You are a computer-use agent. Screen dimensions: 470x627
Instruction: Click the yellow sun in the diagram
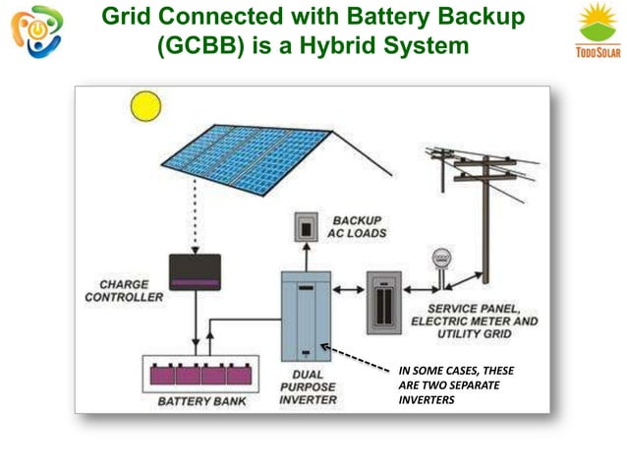pos(145,104)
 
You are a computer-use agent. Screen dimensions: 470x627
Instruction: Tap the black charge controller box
pos(195,271)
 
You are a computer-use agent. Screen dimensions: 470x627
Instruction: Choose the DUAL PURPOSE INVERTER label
pos(309,386)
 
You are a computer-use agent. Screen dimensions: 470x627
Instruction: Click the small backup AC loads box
pos(307,227)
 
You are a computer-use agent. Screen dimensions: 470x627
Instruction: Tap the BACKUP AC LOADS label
pos(359,227)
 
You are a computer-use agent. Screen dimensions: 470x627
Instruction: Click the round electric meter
pos(439,261)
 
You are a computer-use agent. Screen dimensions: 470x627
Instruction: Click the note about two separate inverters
pos(455,384)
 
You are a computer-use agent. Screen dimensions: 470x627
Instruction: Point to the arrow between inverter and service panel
pos(347,291)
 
